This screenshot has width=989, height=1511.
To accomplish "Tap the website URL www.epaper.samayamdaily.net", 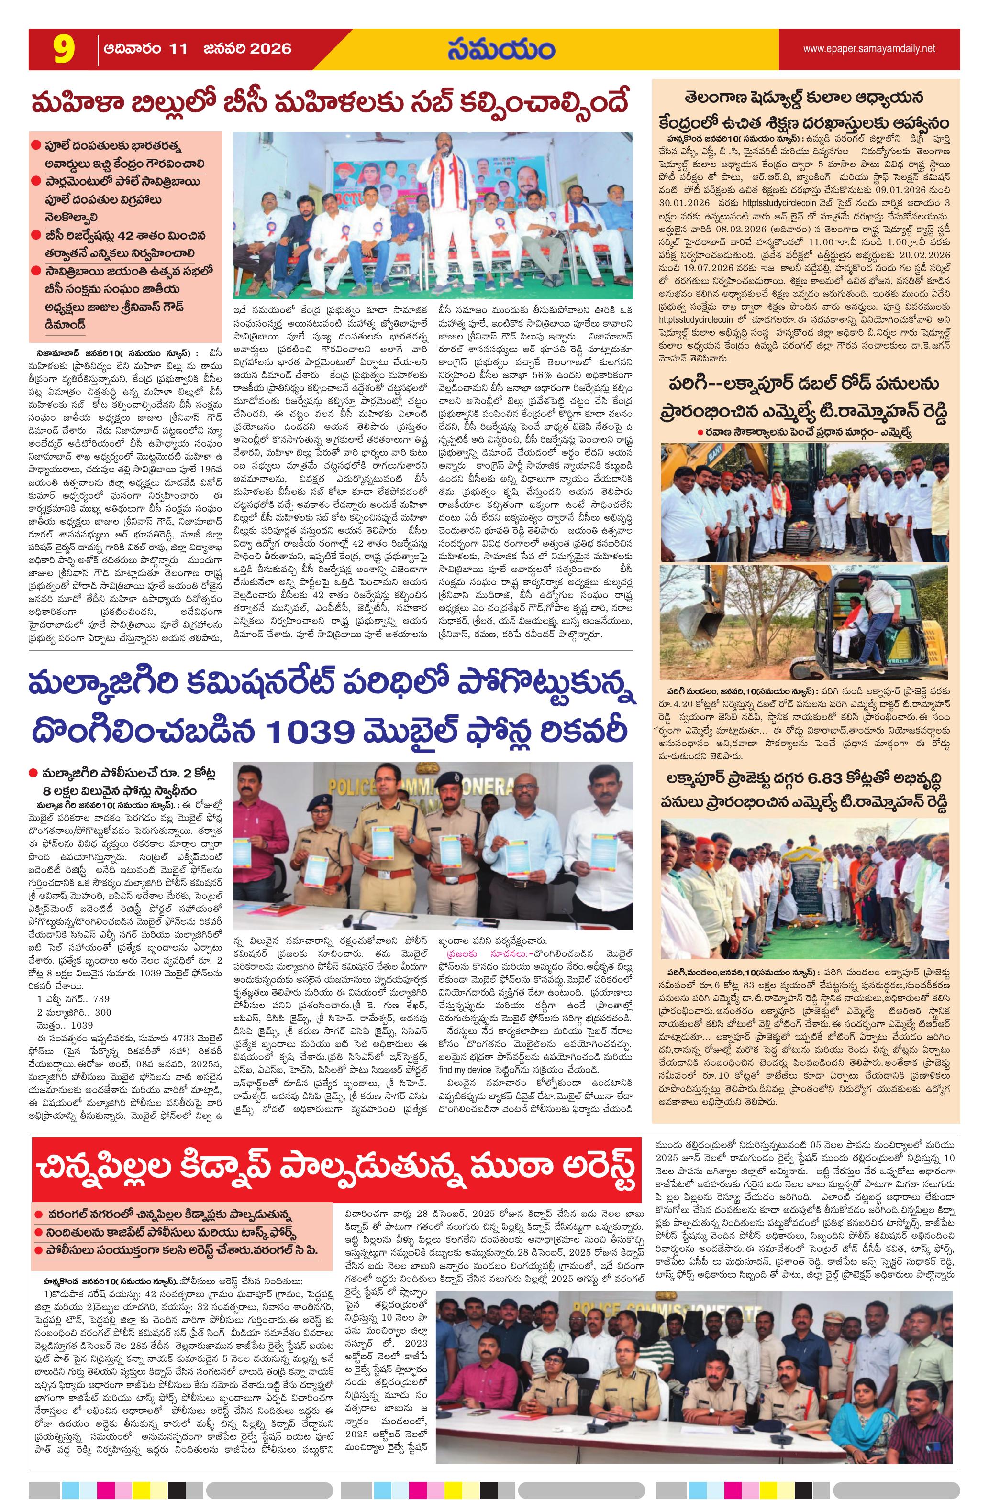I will tap(868, 48).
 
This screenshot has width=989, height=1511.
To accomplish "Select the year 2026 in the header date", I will tap(267, 49).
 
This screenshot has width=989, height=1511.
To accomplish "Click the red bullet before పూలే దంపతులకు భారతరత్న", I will tap(36, 145).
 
